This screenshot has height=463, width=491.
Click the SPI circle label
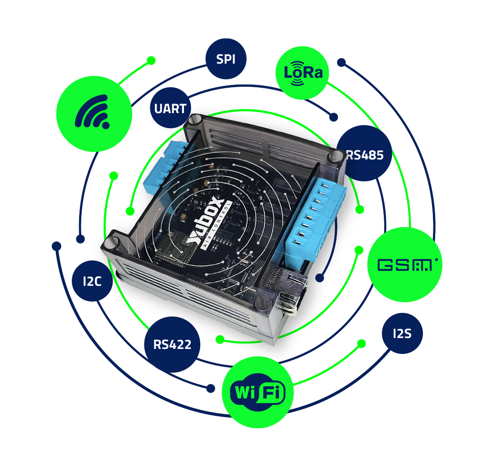(x=226, y=59)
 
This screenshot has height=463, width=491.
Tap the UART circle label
(x=170, y=108)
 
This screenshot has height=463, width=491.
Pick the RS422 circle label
(x=172, y=344)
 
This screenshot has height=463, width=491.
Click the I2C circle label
(x=92, y=281)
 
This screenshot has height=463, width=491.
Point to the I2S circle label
(x=402, y=334)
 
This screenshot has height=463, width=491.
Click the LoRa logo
(x=302, y=73)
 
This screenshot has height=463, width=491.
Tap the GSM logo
(x=407, y=265)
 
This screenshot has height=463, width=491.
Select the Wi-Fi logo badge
(x=258, y=392)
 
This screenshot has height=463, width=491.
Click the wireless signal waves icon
(x=93, y=112)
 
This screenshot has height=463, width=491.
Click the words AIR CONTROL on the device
(x=216, y=225)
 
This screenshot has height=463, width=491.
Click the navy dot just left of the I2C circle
(x=56, y=246)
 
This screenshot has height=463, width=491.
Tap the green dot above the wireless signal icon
(x=151, y=60)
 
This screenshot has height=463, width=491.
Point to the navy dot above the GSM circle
(x=341, y=62)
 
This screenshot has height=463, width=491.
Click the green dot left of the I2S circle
(x=362, y=344)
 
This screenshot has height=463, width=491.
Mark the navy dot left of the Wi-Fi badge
(x=211, y=388)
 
